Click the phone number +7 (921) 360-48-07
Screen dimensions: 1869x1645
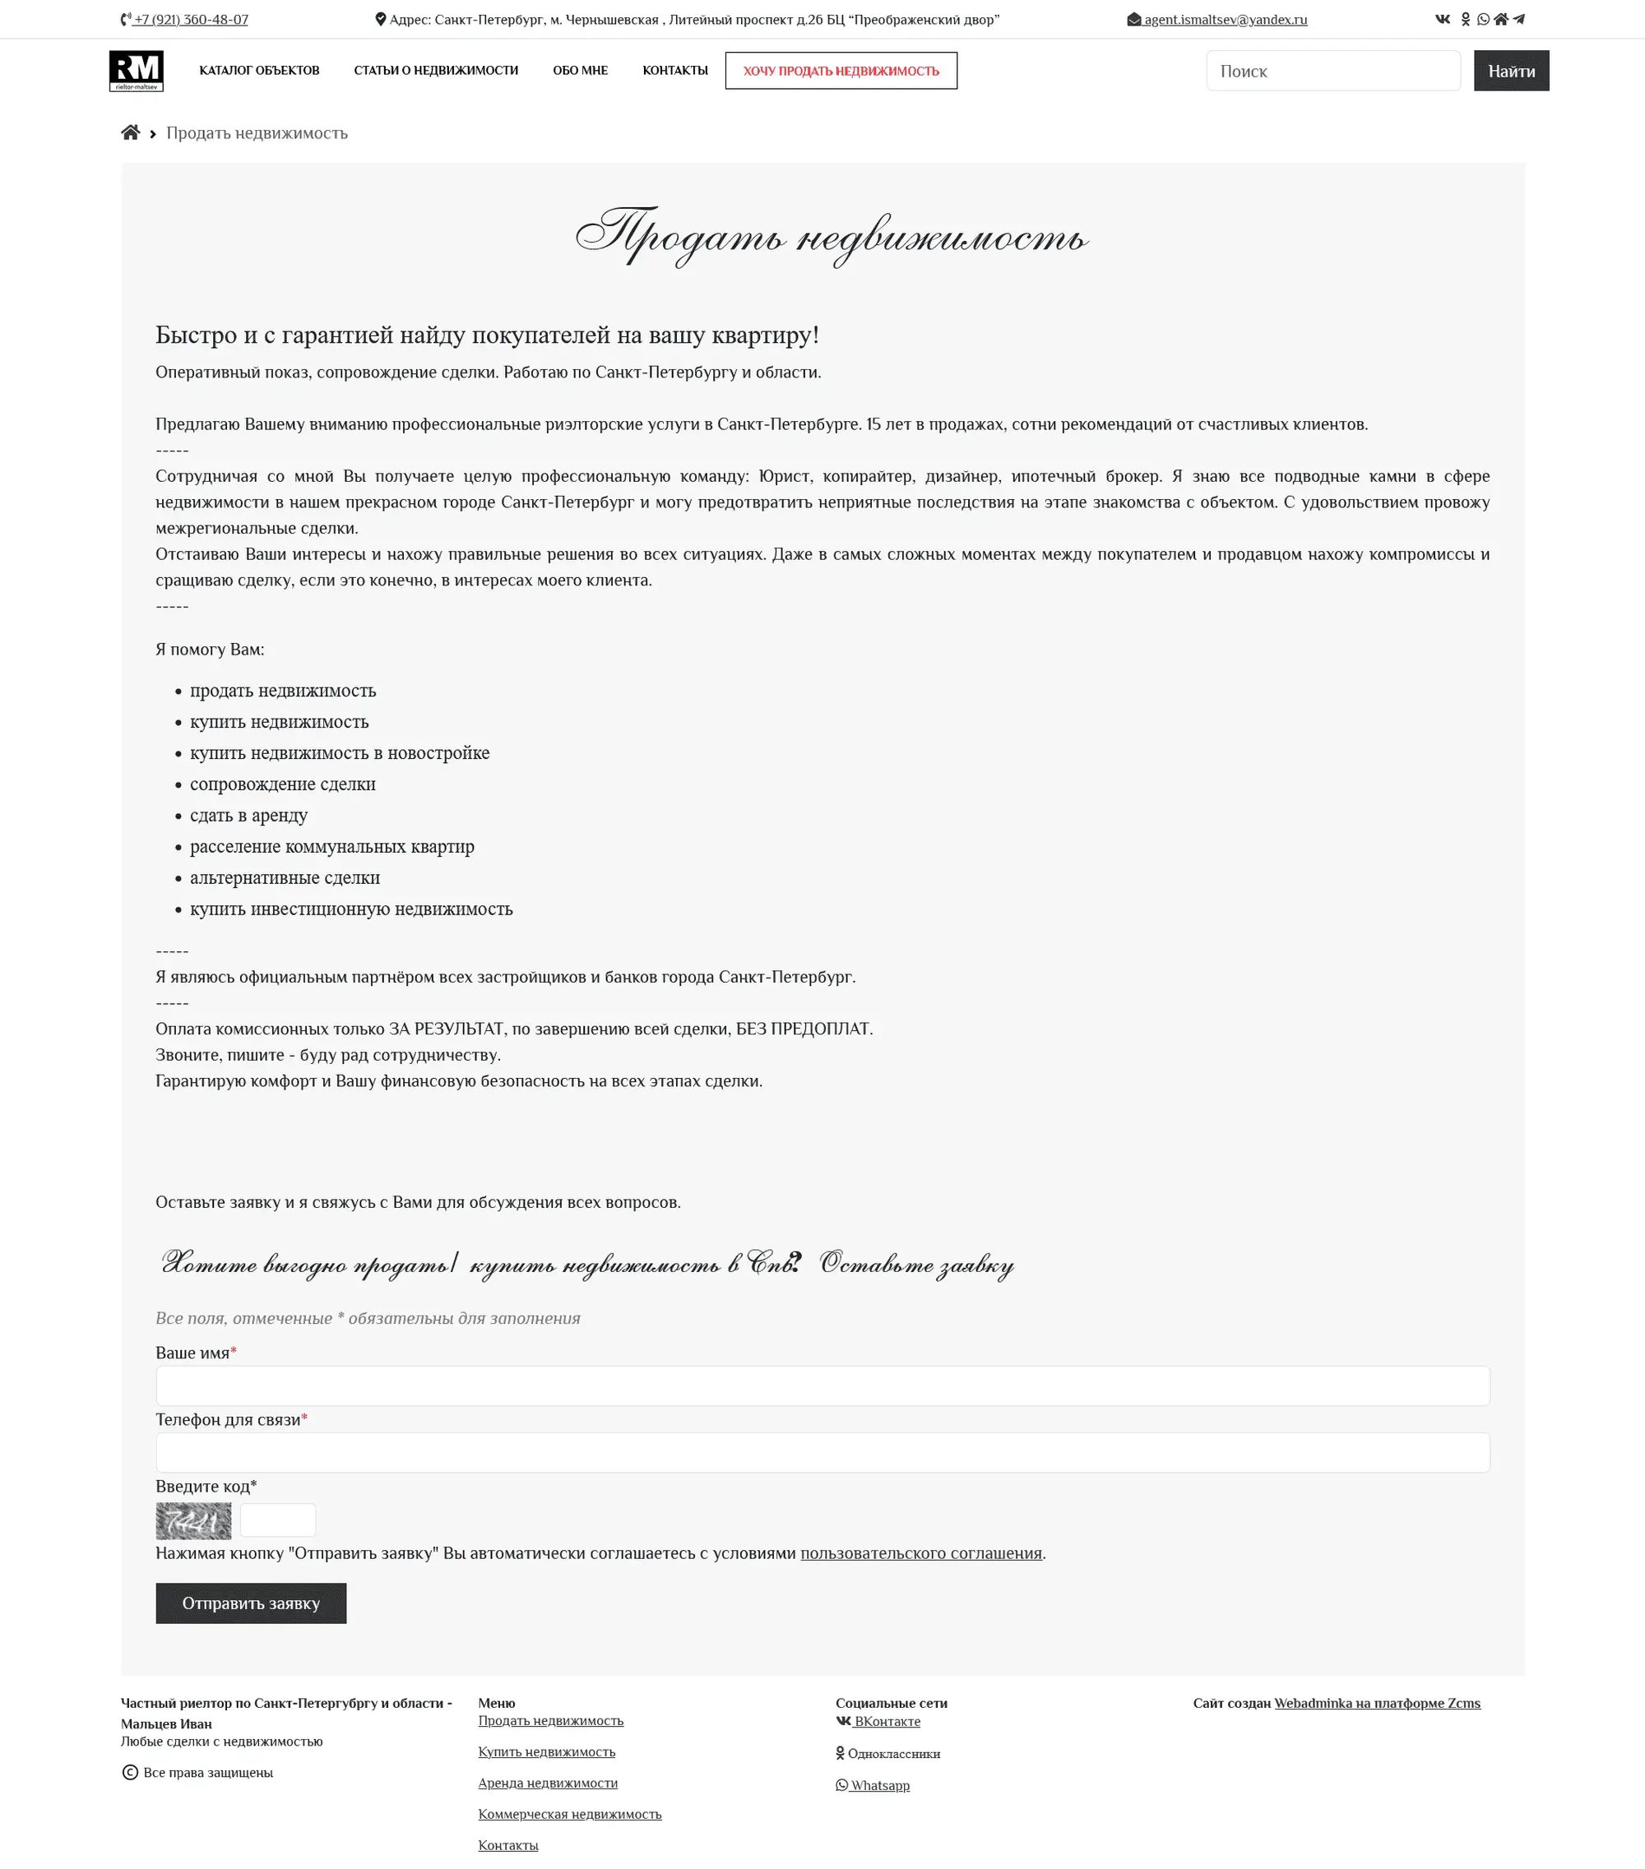[190, 19]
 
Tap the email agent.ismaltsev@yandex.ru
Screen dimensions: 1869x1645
[1225, 19]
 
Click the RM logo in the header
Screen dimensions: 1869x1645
[137, 71]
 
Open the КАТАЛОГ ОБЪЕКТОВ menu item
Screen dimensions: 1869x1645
[259, 71]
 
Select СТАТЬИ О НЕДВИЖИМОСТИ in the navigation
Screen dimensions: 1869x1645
[435, 71]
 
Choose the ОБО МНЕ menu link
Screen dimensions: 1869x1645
[580, 71]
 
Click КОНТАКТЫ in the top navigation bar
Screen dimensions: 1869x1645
[674, 71]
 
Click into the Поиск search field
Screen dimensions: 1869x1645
[1332, 72]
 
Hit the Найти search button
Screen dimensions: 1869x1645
[1511, 72]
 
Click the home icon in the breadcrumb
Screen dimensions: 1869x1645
[131, 132]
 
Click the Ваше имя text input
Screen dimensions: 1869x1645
[822, 1386]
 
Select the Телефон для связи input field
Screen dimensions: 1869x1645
[822, 1452]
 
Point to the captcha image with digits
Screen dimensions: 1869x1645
[193, 1520]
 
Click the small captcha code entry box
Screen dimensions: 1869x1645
[278, 1520]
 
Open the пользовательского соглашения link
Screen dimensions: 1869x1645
[921, 1552]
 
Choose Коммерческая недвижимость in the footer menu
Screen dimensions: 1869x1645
[570, 1814]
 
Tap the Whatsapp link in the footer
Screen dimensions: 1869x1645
[878, 1785]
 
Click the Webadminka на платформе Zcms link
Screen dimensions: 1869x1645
[1376, 1703]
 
